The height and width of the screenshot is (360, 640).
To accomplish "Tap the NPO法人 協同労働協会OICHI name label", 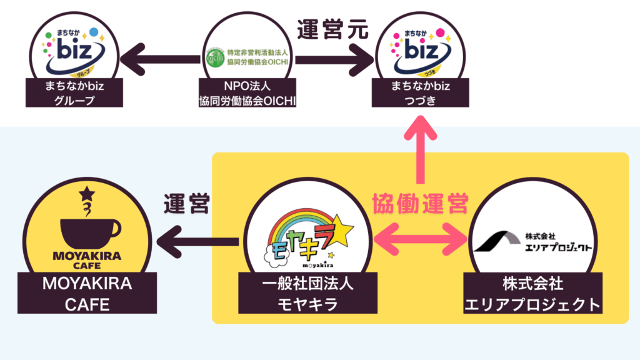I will click(249, 92).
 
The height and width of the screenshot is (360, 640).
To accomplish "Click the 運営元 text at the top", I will click(332, 29).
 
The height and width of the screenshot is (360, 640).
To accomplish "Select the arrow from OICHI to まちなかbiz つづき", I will click(335, 61).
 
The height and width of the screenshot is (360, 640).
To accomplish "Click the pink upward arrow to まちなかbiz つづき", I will click(419, 150).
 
